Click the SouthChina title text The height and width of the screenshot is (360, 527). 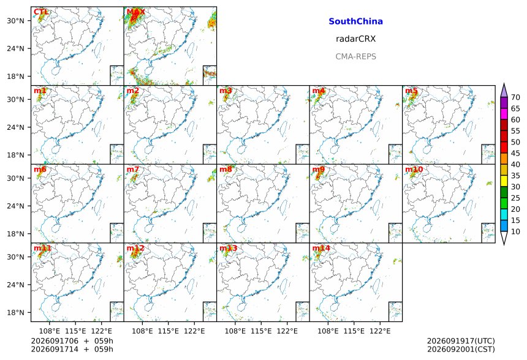pyautogui.click(x=355, y=21)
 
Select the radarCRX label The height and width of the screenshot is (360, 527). pyautogui.click(x=355, y=39)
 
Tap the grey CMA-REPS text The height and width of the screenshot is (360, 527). pyautogui.click(x=355, y=56)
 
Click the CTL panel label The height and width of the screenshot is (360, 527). pyautogui.click(x=40, y=12)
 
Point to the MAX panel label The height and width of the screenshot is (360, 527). pyautogui.click(x=135, y=12)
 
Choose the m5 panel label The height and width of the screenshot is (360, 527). pyautogui.click(x=411, y=91)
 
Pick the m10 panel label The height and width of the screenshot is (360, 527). pyautogui.click(x=414, y=169)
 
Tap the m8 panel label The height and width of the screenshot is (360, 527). pyautogui.click(x=226, y=169)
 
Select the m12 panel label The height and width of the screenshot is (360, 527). pyautogui.click(x=135, y=248)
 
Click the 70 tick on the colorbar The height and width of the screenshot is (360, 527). pyautogui.click(x=515, y=97)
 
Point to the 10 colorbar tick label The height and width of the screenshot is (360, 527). pyautogui.click(x=515, y=231)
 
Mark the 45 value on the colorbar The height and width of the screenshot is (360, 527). pyautogui.click(x=515, y=153)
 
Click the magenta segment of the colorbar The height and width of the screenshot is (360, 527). pyautogui.click(x=504, y=114)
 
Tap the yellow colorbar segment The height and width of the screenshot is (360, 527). pyautogui.click(x=504, y=181)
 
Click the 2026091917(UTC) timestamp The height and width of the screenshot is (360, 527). pyautogui.click(x=461, y=341)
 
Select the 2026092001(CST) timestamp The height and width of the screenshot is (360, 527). pyautogui.click(x=461, y=350)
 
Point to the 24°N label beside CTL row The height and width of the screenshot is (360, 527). pyautogui.click(x=15, y=48)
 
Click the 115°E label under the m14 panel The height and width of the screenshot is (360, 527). pyautogui.click(x=354, y=331)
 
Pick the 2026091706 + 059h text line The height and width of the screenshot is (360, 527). pyautogui.click(x=72, y=341)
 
